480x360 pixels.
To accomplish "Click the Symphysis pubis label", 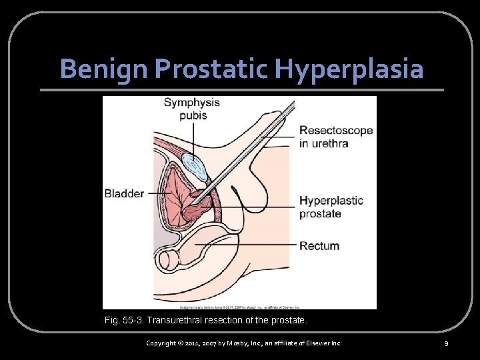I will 191,109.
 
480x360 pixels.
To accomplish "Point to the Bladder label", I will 124,194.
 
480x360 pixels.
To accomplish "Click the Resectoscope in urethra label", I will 335,137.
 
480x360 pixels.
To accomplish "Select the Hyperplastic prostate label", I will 331,207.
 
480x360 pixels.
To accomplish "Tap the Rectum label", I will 319,246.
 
